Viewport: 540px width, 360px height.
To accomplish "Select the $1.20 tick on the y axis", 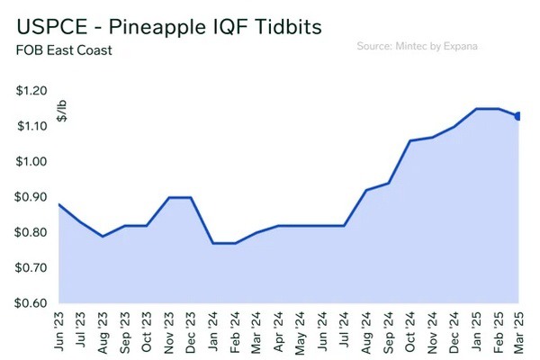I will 31,91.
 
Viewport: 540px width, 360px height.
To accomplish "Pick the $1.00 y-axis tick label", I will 31,162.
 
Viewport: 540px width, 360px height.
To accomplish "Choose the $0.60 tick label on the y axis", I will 31,303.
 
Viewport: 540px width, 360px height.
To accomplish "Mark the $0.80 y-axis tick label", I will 31,232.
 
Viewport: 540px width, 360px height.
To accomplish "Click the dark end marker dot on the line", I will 517,115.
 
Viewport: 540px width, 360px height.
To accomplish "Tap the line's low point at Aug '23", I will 103,237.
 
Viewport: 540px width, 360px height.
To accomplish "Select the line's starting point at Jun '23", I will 58,204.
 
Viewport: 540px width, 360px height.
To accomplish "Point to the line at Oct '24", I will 411,141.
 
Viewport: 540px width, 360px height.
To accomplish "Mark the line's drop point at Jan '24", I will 213,243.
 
